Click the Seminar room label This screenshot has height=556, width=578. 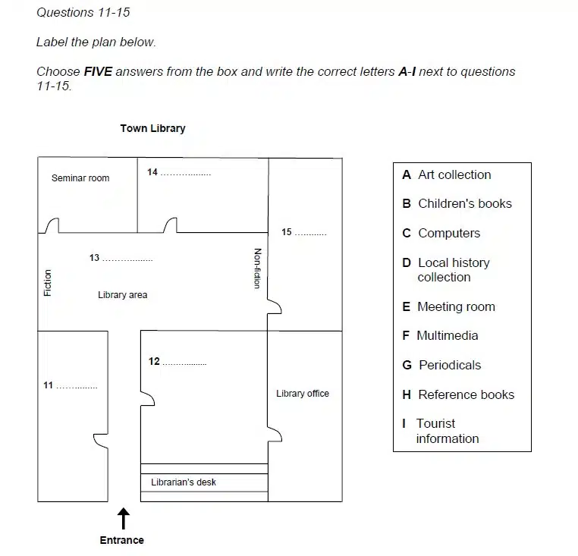click(x=80, y=178)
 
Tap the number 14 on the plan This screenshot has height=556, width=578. click(x=152, y=172)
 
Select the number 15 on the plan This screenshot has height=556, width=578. click(x=287, y=232)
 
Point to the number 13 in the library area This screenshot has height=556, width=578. click(x=94, y=257)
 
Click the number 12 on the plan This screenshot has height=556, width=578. click(x=154, y=361)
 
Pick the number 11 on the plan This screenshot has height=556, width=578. click(x=49, y=385)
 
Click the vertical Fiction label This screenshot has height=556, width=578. click(x=48, y=283)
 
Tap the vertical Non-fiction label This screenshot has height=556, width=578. click(x=258, y=269)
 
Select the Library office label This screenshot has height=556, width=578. click(x=303, y=394)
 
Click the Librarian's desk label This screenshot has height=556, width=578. click(x=184, y=482)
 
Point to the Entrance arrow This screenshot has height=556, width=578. click(x=124, y=519)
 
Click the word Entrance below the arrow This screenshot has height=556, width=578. click(x=121, y=540)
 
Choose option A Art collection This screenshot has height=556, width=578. click(x=447, y=174)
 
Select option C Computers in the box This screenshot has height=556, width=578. click(x=441, y=233)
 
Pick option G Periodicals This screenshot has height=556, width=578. click(x=441, y=365)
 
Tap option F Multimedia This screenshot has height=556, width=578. click(x=440, y=335)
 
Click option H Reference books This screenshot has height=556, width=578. click(x=458, y=394)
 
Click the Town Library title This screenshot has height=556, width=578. click(x=152, y=128)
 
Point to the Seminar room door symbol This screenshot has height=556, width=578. click(x=52, y=225)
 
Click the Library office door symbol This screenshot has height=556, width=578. click(x=275, y=435)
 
